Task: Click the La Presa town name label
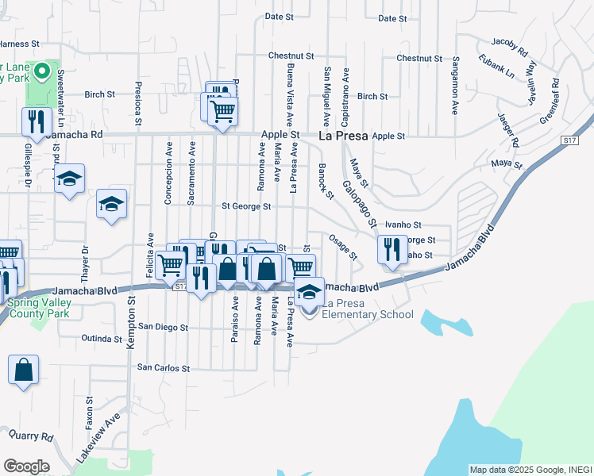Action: [343, 136]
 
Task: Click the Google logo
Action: [26, 466]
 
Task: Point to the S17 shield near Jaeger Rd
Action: [568, 140]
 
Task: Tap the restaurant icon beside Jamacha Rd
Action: [35, 121]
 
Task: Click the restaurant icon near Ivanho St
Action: [391, 249]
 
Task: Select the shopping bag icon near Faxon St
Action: [24, 370]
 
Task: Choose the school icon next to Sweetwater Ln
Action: [69, 178]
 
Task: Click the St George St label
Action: [246, 206]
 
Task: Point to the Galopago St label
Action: [359, 205]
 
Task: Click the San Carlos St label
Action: [164, 368]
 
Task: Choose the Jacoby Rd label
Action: [509, 46]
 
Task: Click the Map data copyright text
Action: [530, 470]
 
